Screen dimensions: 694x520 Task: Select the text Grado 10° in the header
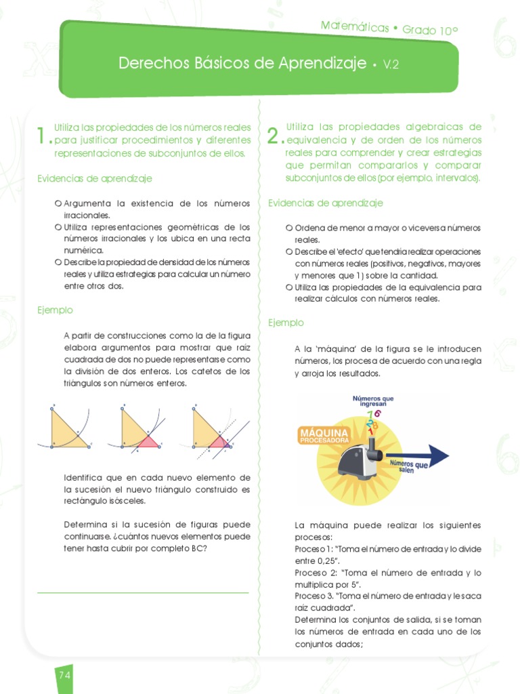(x=430, y=30)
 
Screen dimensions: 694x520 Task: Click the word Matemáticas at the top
(x=354, y=26)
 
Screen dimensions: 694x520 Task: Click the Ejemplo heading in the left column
(x=55, y=310)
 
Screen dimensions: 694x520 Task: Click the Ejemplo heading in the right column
(x=286, y=323)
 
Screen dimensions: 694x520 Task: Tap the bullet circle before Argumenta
(x=58, y=203)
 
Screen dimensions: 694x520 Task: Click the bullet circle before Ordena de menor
(x=289, y=228)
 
